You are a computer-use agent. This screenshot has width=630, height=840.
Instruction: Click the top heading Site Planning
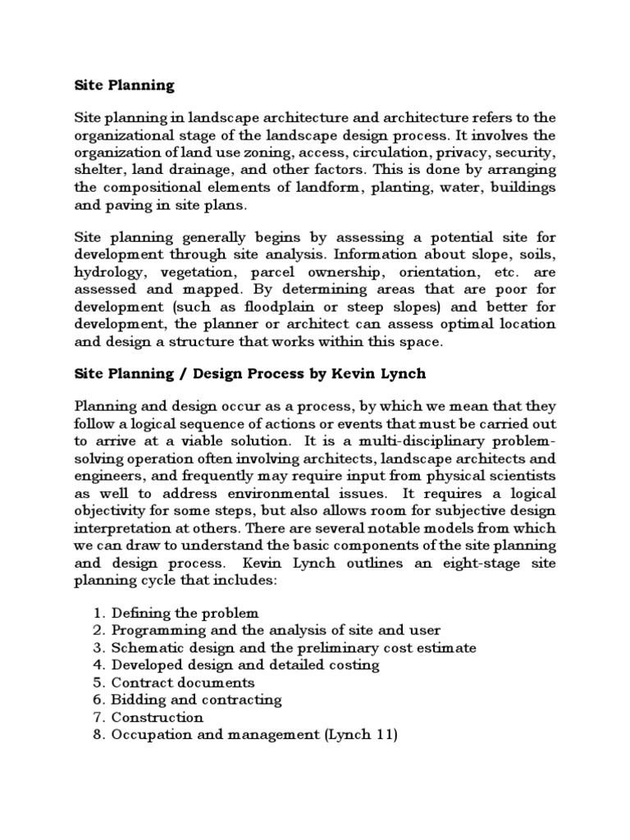pyautogui.click(x=124, y=84)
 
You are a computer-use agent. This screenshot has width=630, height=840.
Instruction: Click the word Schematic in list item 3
pyautogui.click(x=144, y=648)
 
